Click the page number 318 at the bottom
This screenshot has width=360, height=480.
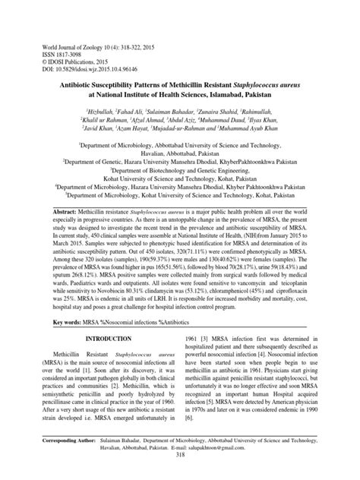point(180,475)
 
